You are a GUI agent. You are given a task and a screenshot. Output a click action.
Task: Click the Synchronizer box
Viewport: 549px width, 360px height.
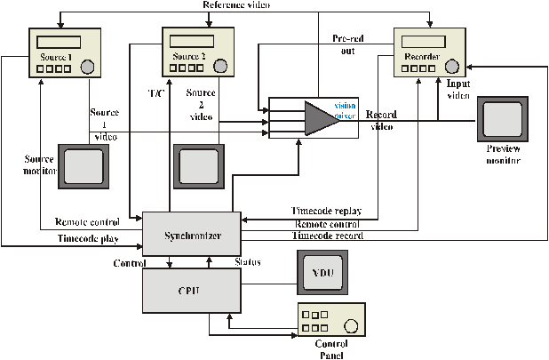(193, 236)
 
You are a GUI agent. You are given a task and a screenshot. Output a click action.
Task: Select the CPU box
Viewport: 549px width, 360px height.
(193, 291)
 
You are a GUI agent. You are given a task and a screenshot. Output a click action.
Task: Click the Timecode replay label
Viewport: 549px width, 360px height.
(326, 212)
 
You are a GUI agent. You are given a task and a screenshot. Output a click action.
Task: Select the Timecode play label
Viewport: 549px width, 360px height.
(87, 239)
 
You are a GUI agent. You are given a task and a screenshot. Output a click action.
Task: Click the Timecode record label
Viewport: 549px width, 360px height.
(328, 236)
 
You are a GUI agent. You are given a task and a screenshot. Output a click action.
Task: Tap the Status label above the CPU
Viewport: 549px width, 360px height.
(246, 263)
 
